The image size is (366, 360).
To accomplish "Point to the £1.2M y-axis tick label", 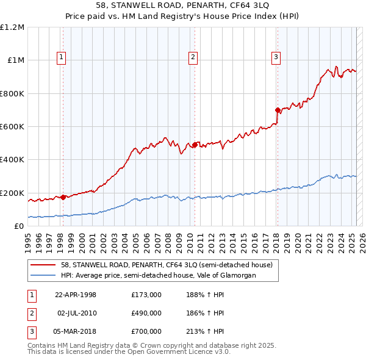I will coord(12,27).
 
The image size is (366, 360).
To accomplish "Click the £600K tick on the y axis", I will coord(12,127).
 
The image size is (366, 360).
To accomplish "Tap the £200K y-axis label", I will coord(12,193).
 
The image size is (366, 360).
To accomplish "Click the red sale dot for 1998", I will coord(63,197).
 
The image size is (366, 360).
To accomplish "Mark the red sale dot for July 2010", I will coord(195,145).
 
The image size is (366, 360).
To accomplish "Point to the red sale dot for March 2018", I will coord(278,110).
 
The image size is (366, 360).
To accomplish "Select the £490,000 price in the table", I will coord(146,313).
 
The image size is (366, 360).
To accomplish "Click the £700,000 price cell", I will coord(146,332).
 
